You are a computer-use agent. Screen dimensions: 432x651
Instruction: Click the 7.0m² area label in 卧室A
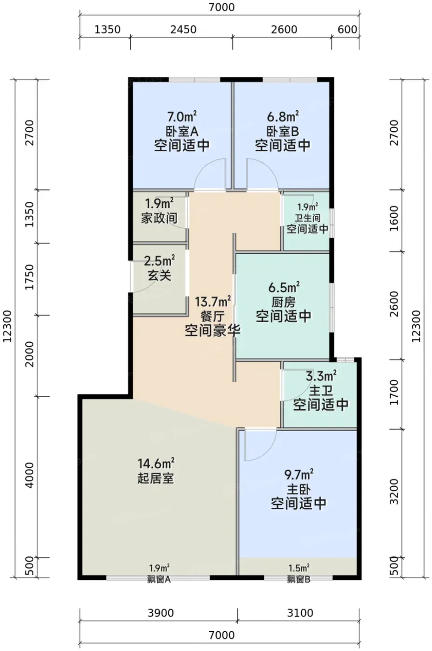pyautogui.click(x=182, y=117)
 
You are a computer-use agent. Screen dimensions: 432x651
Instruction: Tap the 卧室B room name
pyautogui.click(x=283, y=131)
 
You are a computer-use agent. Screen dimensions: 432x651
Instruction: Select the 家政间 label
pyautogui.click(x=159, y=218)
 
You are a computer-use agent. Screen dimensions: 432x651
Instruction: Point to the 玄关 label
pyautogui.click(x=159, y=275)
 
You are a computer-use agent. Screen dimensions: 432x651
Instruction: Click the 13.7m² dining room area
pyautogui.click(x=213, y=301)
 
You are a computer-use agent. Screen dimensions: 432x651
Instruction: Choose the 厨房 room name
pyautogui.click(x=284, y=302)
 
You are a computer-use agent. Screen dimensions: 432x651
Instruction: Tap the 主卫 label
pyautogui.click(x=321, y=391)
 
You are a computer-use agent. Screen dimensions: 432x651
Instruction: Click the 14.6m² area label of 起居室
pyautogui.click(x=156, y=463)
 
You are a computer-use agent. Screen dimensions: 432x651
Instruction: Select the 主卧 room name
pyautogui.click(x=299, y=490)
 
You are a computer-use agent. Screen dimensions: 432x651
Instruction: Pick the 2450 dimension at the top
pyautogui.click(x=183, y=30)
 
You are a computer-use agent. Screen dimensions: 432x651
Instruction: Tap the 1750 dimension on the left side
pyautogui.click(x=30, y=277)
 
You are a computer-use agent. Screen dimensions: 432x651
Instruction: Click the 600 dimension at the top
pyautogui.click(x=347, y=30)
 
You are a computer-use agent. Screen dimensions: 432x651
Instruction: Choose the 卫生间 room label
pyautogui.click(x=308, y=218)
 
